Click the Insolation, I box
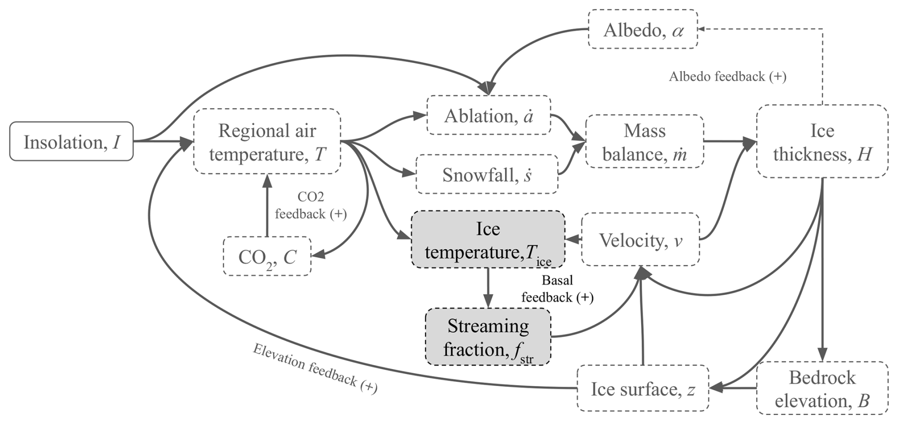71,141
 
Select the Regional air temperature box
267,141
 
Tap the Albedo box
643,29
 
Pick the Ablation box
488,115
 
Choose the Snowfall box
486,174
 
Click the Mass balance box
644,141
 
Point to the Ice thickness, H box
822,141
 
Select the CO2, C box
267,256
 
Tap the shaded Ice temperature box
488,240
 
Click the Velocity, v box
640,239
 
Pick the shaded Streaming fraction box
488,337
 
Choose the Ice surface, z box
643,389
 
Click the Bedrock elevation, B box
822,389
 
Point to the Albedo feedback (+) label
727,76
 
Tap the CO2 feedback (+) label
310,206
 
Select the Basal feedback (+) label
557,289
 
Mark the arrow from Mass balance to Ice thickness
729,141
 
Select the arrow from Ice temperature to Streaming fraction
488,288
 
